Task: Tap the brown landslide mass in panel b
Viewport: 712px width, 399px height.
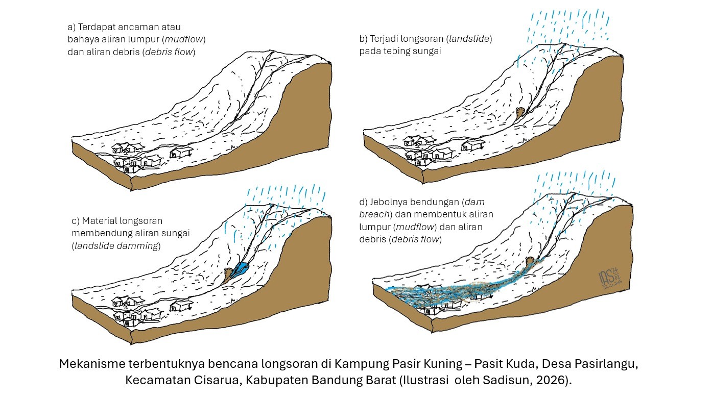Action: tap(520, 113)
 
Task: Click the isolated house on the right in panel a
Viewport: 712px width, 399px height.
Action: tap(181, 152)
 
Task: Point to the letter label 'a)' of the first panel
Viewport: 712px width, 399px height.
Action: tap(72, 27)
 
